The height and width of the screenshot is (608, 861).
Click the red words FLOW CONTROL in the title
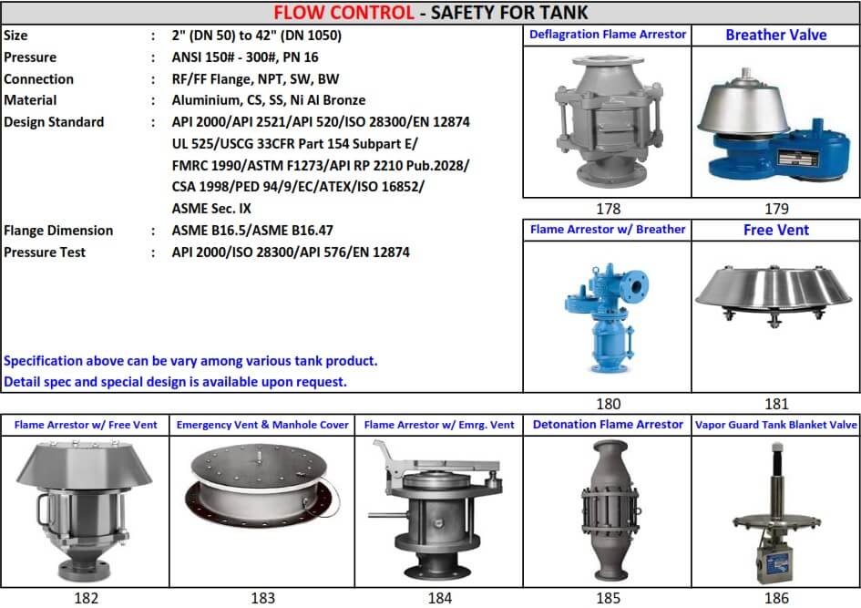coord(343,12)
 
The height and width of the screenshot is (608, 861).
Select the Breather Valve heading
coord(776,35)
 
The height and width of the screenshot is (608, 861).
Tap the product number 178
coord(608,209)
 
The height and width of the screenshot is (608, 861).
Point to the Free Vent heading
coord(776,230)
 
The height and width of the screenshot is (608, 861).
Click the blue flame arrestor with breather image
coord(607,317)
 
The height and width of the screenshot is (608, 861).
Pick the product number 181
coord(776,404)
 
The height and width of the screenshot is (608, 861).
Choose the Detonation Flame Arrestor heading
coord(608,425)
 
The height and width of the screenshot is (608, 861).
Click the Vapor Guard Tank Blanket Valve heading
coord(776,425)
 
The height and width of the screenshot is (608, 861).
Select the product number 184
coord(439,598)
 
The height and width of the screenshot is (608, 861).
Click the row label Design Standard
coord(54,122)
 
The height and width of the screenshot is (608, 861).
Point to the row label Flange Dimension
coord(58,231)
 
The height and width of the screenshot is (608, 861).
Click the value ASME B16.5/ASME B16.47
coord(252,231)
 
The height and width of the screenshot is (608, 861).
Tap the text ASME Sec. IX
coord(211,209)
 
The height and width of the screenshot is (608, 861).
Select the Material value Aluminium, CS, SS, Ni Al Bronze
coord(269,100)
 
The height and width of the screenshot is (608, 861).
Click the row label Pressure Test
coord(45,252)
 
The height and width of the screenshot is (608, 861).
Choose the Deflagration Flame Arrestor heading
coord(608,35)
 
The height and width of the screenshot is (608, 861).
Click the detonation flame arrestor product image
coord(609,510)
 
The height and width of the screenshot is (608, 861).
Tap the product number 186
coord(776,598)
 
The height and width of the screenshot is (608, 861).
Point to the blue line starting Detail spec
coord(175,382)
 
